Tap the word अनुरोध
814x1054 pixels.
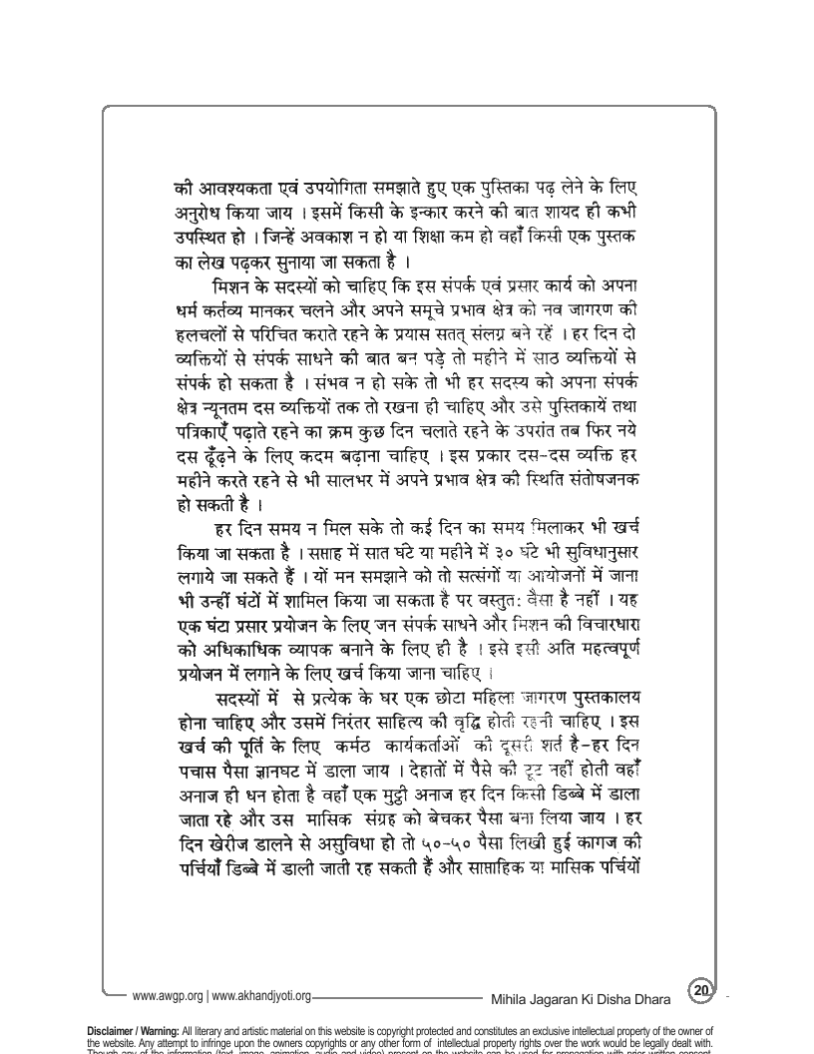pyautogui.click(x=197, y=216)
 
